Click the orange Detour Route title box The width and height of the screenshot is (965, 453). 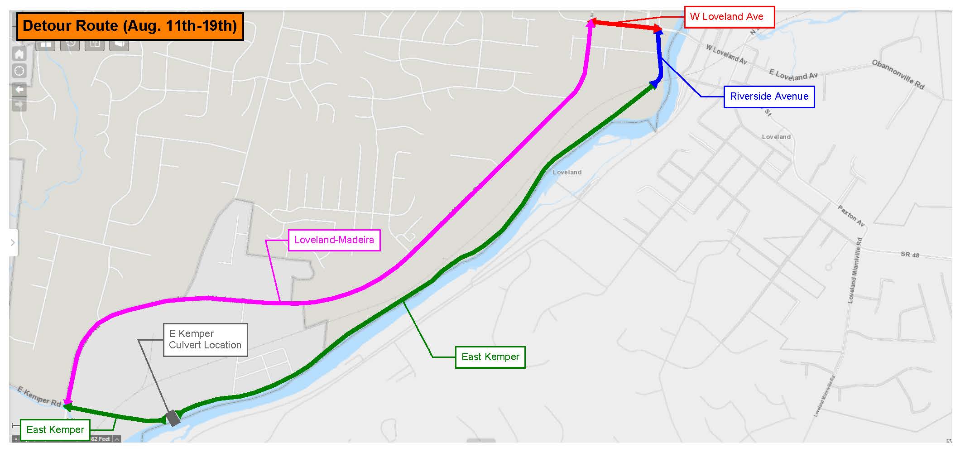pos(130,26)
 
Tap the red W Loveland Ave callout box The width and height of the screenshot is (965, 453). pos(729,17)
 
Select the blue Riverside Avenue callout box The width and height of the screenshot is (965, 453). pos(769,96)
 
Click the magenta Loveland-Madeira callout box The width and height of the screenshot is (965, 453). pos(334,240)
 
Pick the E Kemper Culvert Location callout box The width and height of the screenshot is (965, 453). pos(205,340)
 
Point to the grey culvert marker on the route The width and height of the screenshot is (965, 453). pos(173,418)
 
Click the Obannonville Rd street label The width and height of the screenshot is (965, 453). pos(898,74)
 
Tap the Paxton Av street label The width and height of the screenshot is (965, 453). pos(851,216)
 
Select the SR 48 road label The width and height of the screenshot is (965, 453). pos(910,255)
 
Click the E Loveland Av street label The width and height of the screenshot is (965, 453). pos(793,75)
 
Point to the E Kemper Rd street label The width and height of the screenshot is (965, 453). pos(39,396)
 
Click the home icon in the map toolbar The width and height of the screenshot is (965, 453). pos(19,55)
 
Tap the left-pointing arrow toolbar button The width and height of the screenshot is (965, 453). pos(19,90)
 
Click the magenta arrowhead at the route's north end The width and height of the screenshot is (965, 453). pos(591,24)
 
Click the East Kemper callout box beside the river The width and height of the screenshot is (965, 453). pos(490,357)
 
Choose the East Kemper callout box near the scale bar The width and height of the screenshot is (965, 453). pos(55,429)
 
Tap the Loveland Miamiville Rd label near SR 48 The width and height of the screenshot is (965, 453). pos(855,271)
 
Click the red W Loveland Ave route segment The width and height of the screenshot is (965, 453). pos(625,25)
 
